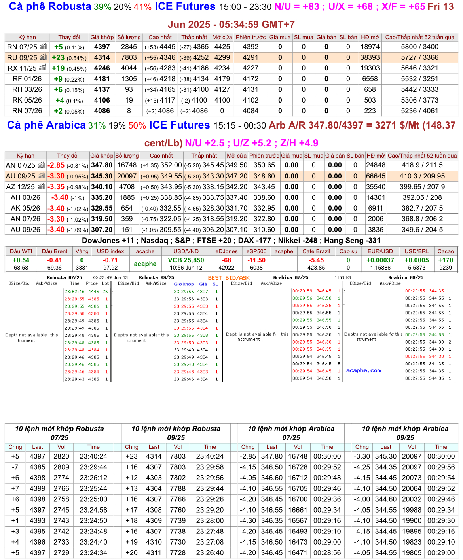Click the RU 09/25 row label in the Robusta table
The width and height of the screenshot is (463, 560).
22,57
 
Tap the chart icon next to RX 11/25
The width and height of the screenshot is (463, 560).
43,68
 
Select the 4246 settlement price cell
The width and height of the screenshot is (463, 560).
102,68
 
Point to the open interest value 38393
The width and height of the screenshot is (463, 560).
370,57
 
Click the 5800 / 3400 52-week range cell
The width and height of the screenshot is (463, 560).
420,47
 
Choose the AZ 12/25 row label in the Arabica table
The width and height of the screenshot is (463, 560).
21,187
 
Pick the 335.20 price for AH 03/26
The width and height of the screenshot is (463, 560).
102,197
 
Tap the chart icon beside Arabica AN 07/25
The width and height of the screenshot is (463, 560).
41,165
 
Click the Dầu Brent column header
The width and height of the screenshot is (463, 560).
55,251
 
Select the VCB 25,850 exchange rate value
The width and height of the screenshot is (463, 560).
186,260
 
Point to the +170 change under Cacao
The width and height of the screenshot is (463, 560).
446,260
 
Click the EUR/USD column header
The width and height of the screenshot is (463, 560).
380,251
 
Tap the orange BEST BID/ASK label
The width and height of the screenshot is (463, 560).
229,278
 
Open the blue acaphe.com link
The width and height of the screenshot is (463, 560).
363,370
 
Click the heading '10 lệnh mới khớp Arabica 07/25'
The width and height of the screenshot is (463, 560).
291,433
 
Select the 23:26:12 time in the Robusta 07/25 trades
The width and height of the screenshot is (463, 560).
93,478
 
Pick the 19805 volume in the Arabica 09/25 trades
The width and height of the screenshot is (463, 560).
412,552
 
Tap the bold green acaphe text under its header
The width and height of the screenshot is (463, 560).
145,264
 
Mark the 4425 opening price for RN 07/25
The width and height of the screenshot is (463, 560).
222,47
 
